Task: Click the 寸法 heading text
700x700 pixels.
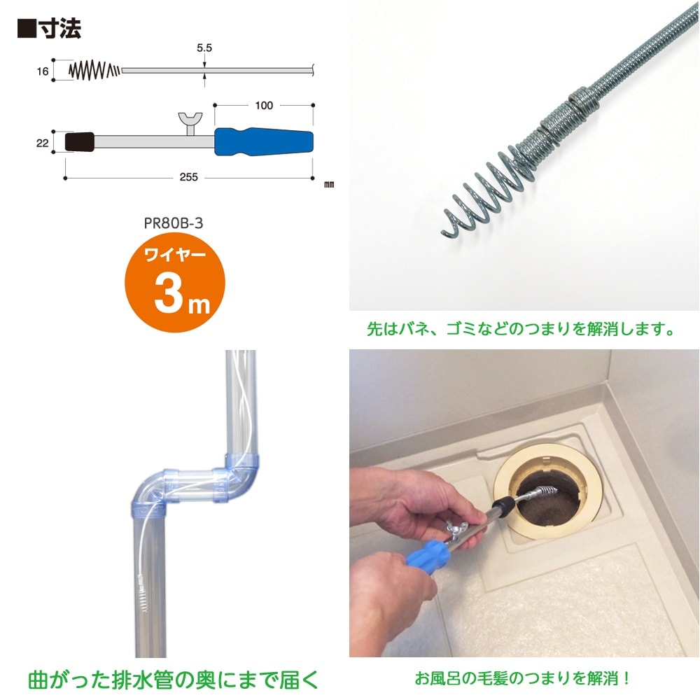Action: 60,29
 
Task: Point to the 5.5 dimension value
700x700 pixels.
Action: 204,48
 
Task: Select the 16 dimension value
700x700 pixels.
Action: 43,71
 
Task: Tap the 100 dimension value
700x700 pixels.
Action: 264,106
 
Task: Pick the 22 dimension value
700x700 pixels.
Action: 43,143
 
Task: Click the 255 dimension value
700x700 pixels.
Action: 189,177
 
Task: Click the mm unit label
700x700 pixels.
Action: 329,184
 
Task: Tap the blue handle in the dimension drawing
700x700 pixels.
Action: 263,141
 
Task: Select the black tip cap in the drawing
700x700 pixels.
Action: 80,142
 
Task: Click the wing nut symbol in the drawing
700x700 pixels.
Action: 190,123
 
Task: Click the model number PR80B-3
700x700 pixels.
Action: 174,223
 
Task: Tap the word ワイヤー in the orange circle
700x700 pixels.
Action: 175,255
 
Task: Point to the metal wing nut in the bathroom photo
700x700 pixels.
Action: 456,531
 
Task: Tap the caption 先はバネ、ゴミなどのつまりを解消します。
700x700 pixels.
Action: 521,329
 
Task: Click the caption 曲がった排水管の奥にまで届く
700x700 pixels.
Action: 174,680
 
